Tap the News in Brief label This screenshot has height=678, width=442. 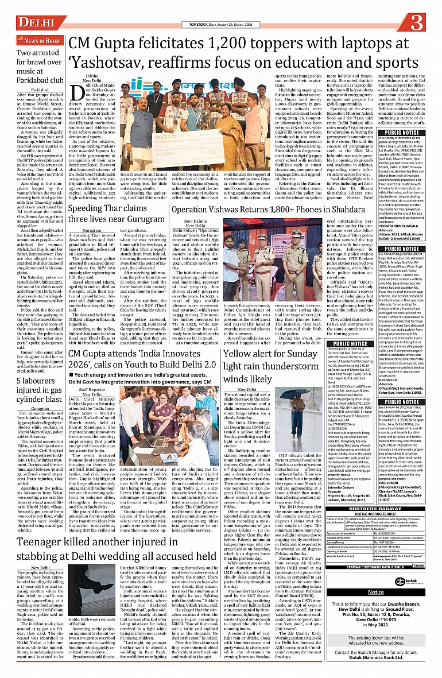(x=42, y=41)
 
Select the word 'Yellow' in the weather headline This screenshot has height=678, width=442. (x=241, y=353)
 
